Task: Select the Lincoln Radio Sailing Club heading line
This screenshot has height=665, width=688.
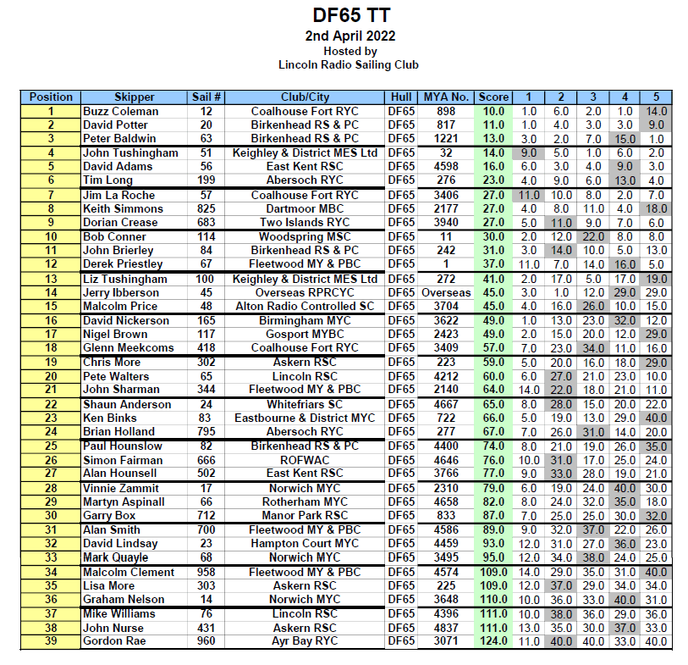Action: tap(349, 64)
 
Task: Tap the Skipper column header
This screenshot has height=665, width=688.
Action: tap(135, 97)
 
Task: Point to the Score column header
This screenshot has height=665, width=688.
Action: tap(492, 97)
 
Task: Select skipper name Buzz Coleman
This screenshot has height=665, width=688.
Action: tap(120, 111)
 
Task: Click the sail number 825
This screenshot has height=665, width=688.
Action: tap(206, 208)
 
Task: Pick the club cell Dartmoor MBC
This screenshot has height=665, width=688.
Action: tap(305, 208)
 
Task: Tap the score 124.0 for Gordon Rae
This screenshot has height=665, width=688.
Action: tap(493, 641)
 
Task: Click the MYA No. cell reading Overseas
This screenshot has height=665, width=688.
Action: tap(446, 292)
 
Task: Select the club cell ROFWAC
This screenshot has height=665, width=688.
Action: tap(305, 459)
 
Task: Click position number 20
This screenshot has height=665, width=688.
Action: tap(51, 376)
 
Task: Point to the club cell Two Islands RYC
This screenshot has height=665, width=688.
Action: tap(305, 222)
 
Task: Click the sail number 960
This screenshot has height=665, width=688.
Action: tap(206, 641)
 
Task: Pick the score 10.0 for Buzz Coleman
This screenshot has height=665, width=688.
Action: tap(493, 111)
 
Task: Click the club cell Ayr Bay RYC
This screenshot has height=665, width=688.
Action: tap(305, 641)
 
